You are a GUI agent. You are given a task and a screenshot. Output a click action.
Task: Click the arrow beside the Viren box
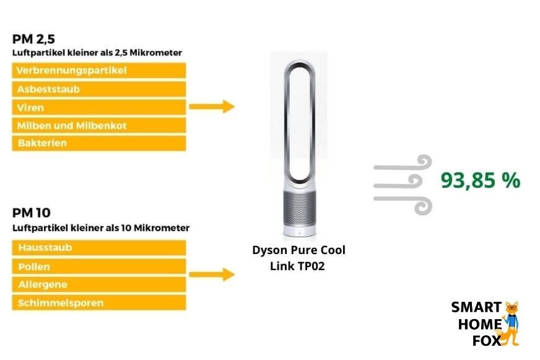[x=211, y=107]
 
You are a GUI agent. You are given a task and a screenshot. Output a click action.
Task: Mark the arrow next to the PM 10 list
[x=211, y=274]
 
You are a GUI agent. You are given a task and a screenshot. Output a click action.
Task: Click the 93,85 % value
[x=480, y=180]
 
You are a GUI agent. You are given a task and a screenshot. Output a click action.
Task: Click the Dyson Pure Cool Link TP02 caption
[x=298, y=258]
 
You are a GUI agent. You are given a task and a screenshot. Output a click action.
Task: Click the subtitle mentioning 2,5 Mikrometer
[x=97, y=53]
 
